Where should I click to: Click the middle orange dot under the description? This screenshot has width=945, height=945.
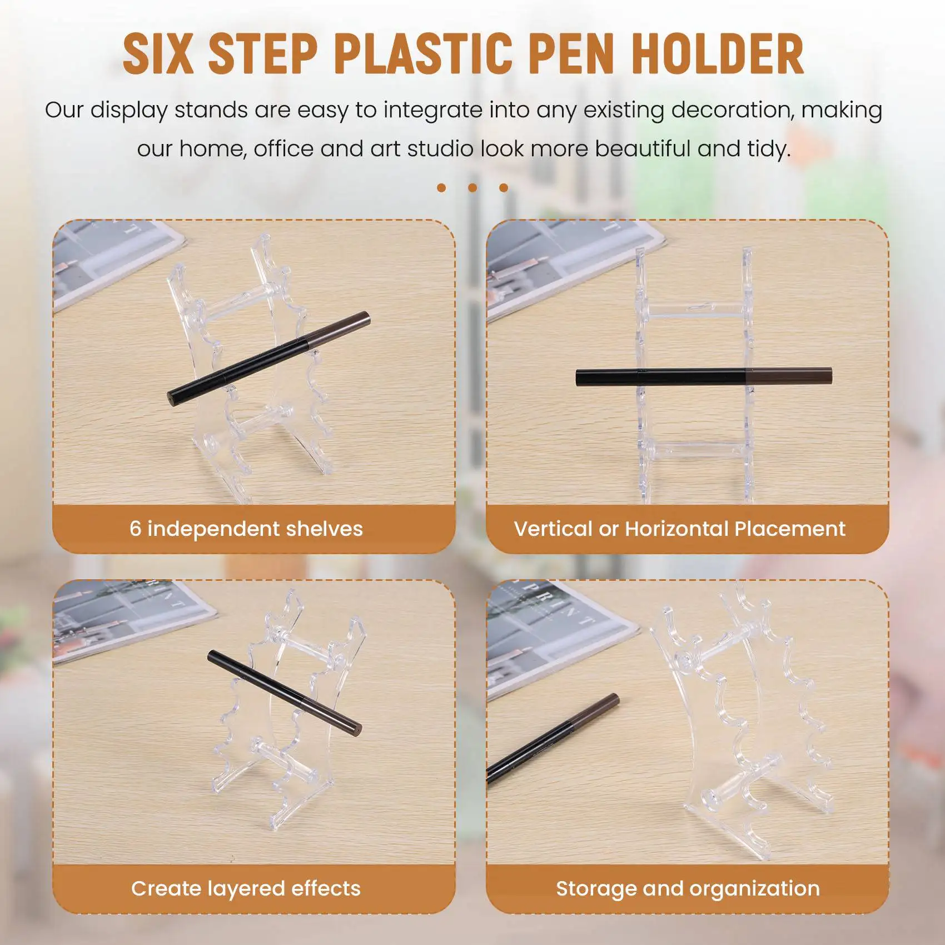click(x=472, y=188)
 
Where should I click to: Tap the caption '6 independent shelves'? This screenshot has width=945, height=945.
click(x=246, y=529)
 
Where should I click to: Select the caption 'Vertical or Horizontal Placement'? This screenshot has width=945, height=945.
click(x=679, y=529)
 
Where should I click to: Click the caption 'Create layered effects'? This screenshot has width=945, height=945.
click(x=246, y=888)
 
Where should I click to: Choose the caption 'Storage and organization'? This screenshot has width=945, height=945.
click(x=688, y=888)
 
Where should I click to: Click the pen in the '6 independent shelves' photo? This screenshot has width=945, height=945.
click(x=269, y=359)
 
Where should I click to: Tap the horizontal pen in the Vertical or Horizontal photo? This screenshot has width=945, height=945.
click(x=704, y=376)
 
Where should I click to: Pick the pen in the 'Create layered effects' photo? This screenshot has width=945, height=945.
click(x=285, y=693)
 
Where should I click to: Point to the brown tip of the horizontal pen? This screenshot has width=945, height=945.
click(x=789, y=376)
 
